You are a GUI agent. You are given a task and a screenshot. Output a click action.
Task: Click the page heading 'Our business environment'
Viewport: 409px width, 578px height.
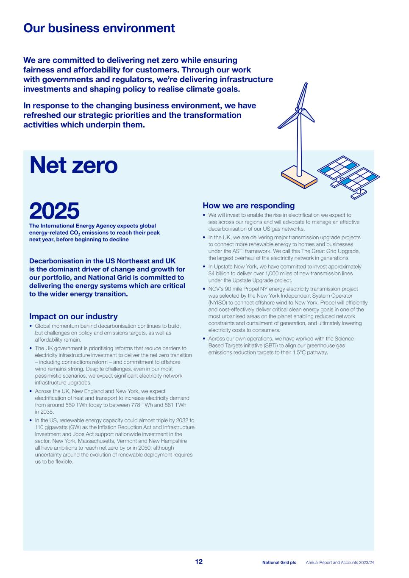pyautogui.click(x=99, y=28)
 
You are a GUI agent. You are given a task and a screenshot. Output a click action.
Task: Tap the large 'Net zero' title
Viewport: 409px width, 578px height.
pyautogui.click(x=73, y=165)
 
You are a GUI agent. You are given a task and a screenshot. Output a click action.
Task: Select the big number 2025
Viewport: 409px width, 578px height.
pyautogui.click(x=54, y=211)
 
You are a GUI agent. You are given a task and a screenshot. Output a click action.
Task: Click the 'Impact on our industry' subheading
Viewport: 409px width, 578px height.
pyautogui.click(x=73, y=316)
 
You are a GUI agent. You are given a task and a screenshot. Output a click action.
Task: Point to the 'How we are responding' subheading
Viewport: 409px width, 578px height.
pyautogui.click(x=248, y=206)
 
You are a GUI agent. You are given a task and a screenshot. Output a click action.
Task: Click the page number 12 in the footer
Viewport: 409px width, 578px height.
pyautogui.click(x=199, y=561)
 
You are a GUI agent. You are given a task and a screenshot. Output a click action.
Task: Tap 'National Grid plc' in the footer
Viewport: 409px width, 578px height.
pyautogui.click(x=279, y=562)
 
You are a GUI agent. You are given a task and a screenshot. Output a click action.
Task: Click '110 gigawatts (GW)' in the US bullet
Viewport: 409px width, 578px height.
pyautogui.click(x=57, y=427)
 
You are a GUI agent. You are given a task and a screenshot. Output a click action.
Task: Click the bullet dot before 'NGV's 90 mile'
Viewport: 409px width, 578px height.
pyautogui.click(x=204, y=289)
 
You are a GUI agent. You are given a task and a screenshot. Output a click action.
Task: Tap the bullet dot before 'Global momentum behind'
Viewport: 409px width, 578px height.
pyautogui.click(x=31, y=326)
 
